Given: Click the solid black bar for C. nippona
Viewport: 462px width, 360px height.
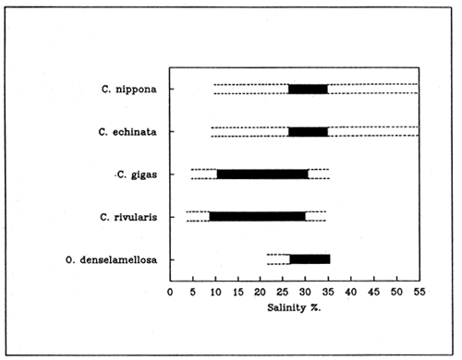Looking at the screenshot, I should pos(308,89).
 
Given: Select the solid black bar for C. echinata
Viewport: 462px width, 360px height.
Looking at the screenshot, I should pos(308,131).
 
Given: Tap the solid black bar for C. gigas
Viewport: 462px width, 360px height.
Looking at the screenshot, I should pos(262,174).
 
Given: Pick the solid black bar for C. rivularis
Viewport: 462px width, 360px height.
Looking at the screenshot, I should pos(257,216).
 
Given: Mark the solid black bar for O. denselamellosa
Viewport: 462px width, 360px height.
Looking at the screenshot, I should pos(310,258).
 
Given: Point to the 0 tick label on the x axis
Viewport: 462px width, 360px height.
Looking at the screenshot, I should pos(170,291).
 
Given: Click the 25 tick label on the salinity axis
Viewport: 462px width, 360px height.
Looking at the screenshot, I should pos(283,291).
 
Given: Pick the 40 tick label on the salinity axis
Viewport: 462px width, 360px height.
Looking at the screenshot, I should pos(351,291).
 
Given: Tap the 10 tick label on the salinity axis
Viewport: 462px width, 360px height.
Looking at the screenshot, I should pos(215,291).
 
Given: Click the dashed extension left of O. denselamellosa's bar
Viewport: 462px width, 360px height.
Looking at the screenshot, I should pos(278,258).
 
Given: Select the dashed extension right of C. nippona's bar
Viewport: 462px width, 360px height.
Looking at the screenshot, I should pos(372,89).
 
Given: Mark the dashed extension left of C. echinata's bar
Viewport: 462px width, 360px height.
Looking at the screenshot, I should pos(249,131).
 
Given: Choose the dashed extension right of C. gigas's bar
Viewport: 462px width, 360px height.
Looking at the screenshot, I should pos(318,174).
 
